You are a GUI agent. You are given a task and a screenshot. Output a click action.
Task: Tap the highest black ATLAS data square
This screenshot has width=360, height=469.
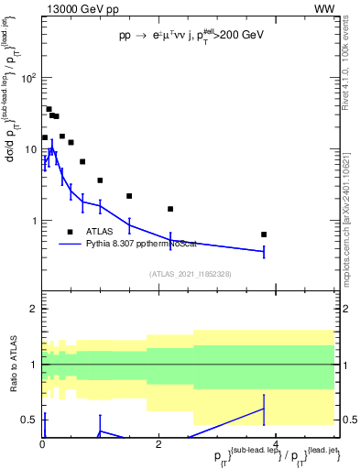[49, 109]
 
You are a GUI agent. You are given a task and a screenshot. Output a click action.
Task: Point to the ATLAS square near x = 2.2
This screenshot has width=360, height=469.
[170, 209]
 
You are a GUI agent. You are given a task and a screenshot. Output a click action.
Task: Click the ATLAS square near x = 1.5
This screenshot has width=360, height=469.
[129, 196]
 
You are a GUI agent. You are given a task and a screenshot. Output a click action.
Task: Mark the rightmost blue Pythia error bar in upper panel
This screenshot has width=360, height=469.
[264, 251]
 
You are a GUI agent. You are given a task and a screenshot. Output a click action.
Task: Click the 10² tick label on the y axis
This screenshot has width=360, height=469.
[27, 78]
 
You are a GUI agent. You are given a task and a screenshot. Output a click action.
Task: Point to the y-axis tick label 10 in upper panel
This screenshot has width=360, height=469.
[29, 149]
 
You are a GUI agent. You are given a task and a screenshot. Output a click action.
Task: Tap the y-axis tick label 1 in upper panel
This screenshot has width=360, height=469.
[32, 221]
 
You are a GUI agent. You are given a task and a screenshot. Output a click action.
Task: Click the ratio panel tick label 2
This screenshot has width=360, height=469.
[33, 309]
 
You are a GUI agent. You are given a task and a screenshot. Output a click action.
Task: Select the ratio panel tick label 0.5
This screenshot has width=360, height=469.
[28, 420]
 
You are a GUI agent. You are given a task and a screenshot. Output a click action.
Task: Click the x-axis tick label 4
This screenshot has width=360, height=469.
[276, 443]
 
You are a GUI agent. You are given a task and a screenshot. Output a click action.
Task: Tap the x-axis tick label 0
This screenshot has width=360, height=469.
[42, 443]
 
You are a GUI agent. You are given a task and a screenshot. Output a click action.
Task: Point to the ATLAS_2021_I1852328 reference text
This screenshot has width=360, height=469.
[190, 274]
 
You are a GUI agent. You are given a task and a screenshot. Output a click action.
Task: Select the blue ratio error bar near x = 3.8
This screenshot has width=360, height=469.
[264, 409]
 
